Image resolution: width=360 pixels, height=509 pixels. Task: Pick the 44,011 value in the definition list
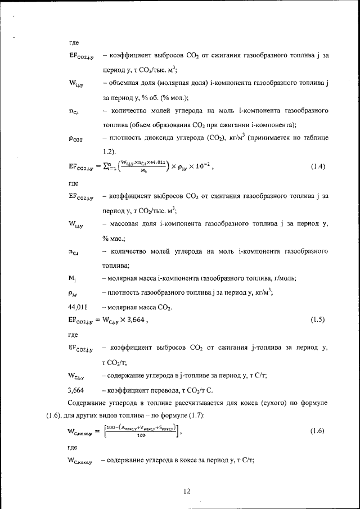pos(79,307)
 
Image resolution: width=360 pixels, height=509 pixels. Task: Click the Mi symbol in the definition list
pos(72,278)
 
